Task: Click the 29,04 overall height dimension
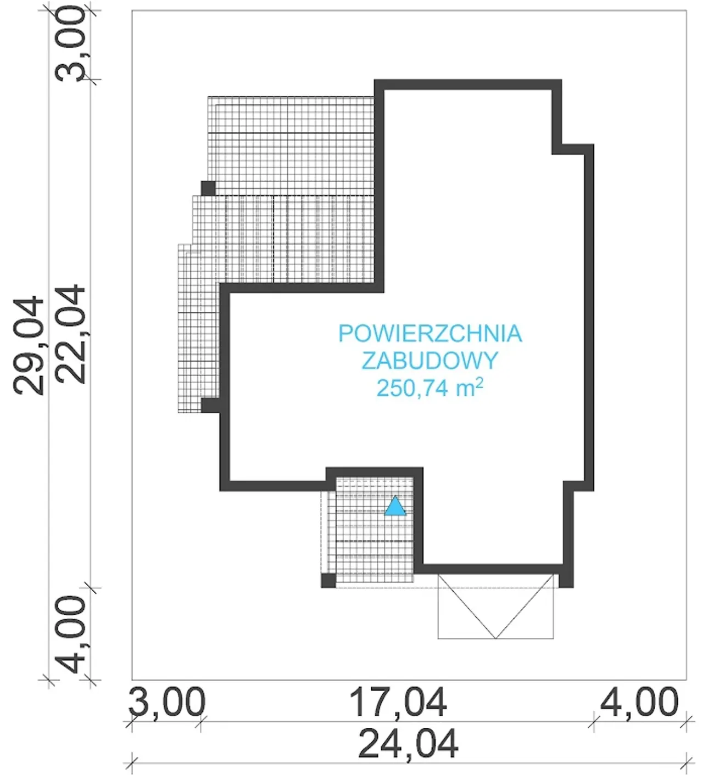click(28, 345)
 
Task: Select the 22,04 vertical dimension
click(70, 335)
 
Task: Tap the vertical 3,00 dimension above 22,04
click(70, 44)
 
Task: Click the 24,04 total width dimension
click(408, 744)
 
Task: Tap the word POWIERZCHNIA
click(431, 334)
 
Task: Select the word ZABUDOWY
click(429, 361)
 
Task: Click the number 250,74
click(413, 389)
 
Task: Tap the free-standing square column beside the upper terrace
click(208, 188)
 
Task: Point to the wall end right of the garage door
click(566, 580)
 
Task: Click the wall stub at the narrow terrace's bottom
click(211, 405)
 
